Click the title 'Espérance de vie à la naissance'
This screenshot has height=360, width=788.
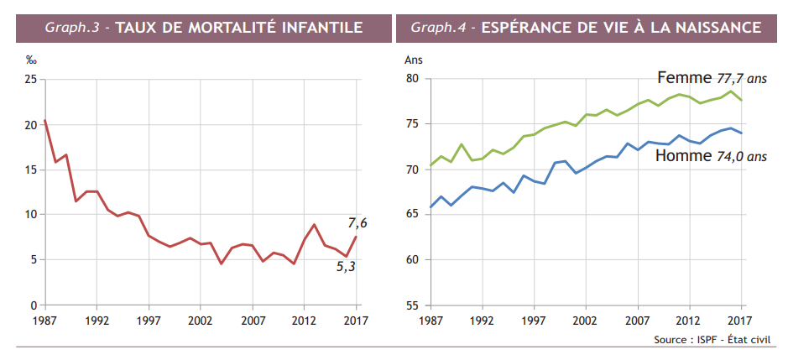click(x=621, y=28)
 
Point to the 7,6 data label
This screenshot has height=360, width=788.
click(x=357, y=222)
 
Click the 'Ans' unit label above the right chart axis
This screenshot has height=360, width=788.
click(x=414, y=60)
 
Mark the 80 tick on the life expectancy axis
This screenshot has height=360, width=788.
click(x=412, y=79)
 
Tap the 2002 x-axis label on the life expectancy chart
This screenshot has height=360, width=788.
click(x=584, y=321)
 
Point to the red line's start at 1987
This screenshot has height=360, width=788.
click(x=44, y=120)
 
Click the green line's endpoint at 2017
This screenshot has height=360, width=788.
click(x=741, y=100)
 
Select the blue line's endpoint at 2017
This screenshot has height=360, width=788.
click(x=741, y=133)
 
